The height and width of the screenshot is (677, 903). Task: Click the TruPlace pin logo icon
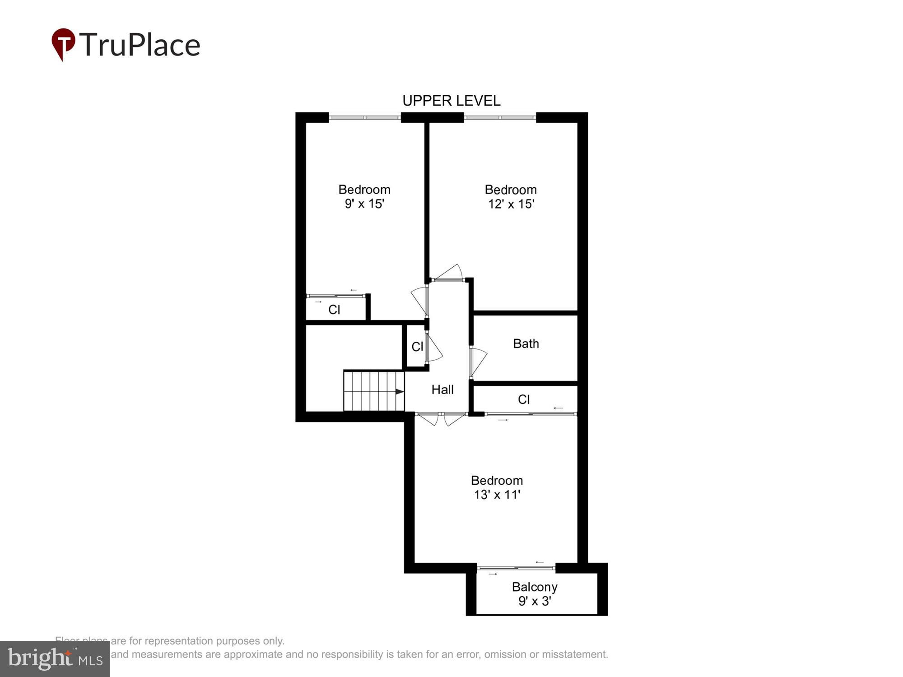tap(63, 43)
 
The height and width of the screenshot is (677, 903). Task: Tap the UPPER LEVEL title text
tap(451, 101)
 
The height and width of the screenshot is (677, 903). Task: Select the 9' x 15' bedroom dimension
tap(364, 204)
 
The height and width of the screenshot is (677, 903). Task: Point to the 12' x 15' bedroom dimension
tap(511, 204)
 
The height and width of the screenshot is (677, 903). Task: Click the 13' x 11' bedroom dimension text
tap(497, 495)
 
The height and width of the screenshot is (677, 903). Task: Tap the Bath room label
tap(526, 344)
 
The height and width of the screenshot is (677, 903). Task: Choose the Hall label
tap(442, 390)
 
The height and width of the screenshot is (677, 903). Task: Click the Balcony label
tap(534, 587)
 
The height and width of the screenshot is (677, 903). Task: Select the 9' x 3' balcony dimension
tap(534, 601)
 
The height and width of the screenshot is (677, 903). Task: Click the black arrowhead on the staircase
tap(399, 391)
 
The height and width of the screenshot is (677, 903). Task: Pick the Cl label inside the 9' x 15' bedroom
tap(334, 310)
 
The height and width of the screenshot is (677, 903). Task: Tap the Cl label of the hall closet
tap(417, 347)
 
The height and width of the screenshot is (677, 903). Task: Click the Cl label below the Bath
tap(524, 399)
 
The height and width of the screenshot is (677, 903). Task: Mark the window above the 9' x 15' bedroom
tap(364, 117)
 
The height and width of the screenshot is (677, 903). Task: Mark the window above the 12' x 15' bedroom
tap(500, 117)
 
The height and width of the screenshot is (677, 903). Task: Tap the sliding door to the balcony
tap(516, 568)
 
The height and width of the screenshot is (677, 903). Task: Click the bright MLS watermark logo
tap(55, 659)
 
